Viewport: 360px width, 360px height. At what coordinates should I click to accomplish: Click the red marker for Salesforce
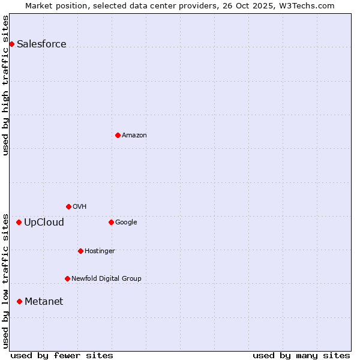(x=11, y=44)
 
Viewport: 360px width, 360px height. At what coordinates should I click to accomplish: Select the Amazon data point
(x=118, y=135)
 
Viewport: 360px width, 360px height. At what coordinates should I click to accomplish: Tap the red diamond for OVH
(x=68, y=206)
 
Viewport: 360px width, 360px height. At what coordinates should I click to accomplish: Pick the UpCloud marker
(x=19, y=222)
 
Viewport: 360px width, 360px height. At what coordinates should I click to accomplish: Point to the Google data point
(x=111, y=222)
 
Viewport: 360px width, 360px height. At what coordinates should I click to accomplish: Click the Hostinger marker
(x=80, y=251)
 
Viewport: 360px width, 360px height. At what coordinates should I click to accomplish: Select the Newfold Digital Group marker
(x=67, y=278)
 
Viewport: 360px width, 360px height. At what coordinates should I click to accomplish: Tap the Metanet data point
(x=19, y=301)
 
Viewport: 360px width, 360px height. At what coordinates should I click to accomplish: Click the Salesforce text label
(x=41, y=44)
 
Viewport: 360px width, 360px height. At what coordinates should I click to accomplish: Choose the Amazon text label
(x=134, y=136)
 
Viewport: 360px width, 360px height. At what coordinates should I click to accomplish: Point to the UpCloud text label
(x=44, y=223)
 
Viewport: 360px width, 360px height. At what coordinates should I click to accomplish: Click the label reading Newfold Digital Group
(x=106, y=278)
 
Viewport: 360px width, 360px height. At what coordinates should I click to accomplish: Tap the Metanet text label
(x=44, y=302)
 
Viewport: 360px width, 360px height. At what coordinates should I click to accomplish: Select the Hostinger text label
(x=100, y=251)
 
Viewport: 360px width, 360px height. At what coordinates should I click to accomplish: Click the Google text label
(x=126, y=223)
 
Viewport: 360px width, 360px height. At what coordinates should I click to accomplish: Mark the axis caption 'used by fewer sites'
(x=62, y=355)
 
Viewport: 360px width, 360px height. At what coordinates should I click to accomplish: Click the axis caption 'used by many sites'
(x=301, y=355)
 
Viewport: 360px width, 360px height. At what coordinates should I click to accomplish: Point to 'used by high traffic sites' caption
(x=6, y=85)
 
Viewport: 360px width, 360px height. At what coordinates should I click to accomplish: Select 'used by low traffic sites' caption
(x=6, y=280)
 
